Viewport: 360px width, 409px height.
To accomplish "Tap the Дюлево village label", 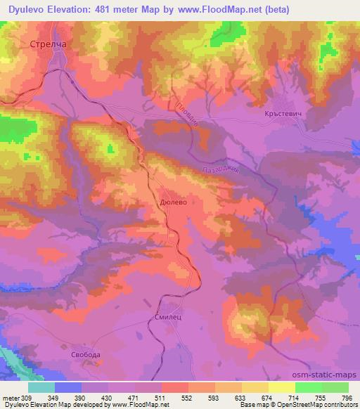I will (173, 200).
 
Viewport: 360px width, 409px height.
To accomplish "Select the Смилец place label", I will (167, 318).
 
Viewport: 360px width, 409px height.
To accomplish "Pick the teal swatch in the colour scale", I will (41, 387).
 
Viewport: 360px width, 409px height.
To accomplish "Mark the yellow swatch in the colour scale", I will (281, 387).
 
